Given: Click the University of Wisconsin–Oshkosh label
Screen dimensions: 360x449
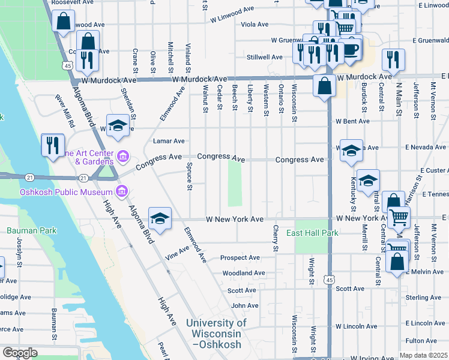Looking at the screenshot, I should click(x=216, y=334).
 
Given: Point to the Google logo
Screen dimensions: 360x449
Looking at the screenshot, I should click(x=20, y=353).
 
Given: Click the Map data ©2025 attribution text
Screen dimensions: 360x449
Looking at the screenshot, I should click(x=423, y=356).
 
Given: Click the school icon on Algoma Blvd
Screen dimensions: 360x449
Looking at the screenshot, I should click(x=160, y=219).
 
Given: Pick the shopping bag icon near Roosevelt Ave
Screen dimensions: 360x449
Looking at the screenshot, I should click(x=63, y=22).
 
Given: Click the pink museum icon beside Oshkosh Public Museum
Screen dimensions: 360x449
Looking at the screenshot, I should click(x=122, y=191).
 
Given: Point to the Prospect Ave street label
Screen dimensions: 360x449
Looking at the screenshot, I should click(x=240, y=258).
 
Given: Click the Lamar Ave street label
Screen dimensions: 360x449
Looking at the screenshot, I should click(x=169, y=142).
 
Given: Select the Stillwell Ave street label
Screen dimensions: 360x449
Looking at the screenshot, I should click(x=264, y=58).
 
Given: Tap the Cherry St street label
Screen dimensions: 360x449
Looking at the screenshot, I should click(x=276, y=238).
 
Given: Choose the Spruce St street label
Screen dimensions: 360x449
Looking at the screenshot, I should click(x=188, y=176).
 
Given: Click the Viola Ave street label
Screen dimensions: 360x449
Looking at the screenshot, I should click(x=255, y=25).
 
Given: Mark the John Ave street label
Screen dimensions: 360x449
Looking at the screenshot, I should click(x=245, y=305).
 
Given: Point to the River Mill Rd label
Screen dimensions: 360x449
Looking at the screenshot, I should click(x=64, y=110).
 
